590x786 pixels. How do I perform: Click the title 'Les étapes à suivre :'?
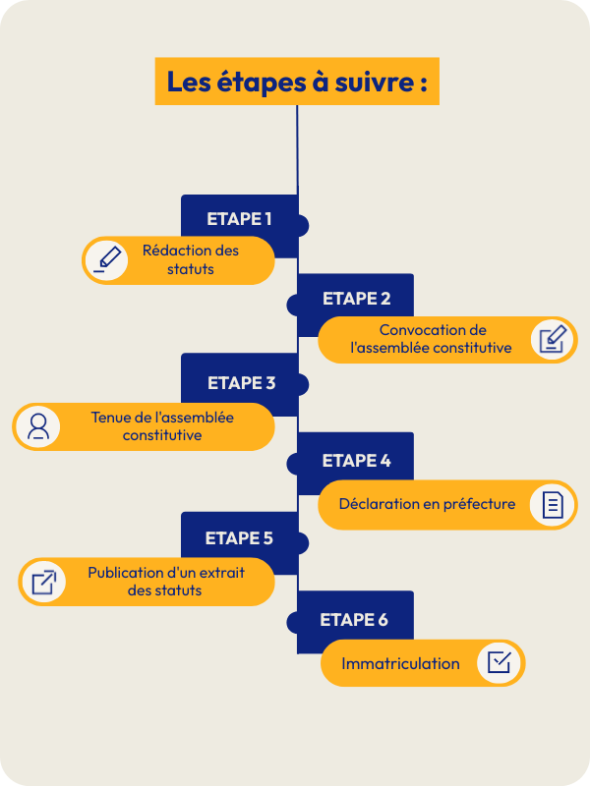[x=296, y=82]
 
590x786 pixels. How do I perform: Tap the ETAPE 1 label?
[x=239, y=219]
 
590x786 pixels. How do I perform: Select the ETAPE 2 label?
[x=356, y=299]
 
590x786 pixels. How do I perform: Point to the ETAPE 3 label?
[x=241, y=382]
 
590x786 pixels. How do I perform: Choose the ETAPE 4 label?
[x=356, y=461]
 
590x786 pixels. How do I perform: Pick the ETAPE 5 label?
[x=239, y=538]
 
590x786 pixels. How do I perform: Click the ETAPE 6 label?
[x=354, y=620]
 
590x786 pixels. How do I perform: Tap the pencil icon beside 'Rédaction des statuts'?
[x=106, y=259]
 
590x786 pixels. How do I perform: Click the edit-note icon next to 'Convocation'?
[x=552, y=340]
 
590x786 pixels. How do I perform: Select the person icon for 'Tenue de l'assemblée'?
[x=38, y=426]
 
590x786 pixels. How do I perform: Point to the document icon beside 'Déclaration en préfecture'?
[x=552, y=505]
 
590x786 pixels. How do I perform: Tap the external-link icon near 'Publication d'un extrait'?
[x=43, y=582]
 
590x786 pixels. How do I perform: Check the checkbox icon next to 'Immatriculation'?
[x=499, y=662]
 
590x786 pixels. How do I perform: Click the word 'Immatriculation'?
[x=400, y=664]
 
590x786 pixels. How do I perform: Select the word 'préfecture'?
[x=478, y=504]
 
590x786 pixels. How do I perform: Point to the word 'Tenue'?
[x=111, y=417]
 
